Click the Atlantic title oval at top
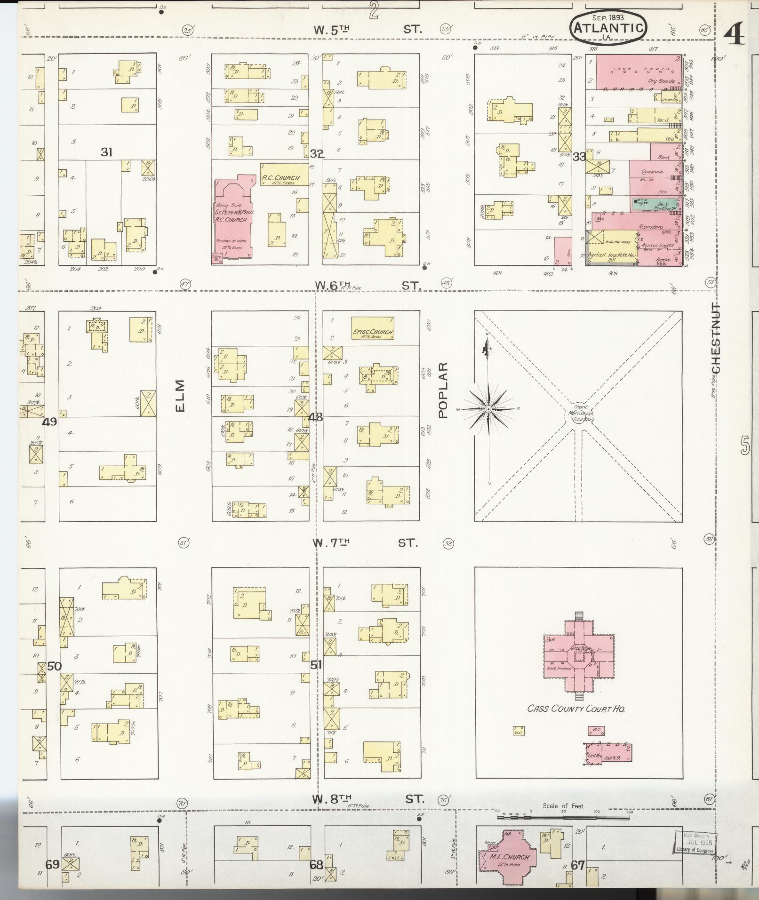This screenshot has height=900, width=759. [x=608, y=28]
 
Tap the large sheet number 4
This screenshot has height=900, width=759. [x=734, y=34]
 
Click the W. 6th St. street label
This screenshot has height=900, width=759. [x=367, y=286]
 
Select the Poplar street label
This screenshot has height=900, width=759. [x=443, y=390]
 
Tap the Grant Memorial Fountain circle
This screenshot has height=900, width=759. [x=579, y=415]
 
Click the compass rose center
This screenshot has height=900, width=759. [x=489, y=409]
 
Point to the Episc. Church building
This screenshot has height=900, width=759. [x=373, y=328]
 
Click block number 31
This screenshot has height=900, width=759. [x=107, y=152]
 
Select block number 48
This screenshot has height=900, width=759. [x=316, y=416]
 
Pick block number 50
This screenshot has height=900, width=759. [x=55, y=666]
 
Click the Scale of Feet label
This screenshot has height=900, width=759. [x=564, y=806]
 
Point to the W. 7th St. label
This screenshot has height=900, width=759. [x=365, y=543]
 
